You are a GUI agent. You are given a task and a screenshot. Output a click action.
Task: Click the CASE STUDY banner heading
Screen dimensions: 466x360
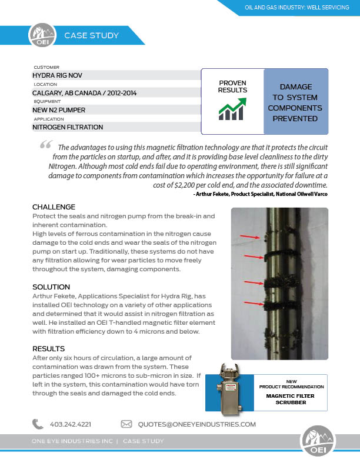pos(91,36)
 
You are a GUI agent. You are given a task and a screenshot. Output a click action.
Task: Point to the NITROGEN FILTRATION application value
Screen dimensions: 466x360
pos(68,127)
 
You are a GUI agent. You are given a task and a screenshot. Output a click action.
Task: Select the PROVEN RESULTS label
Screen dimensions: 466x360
pos(232,86)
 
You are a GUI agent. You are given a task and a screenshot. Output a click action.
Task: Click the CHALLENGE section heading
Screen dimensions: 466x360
pos(54,207)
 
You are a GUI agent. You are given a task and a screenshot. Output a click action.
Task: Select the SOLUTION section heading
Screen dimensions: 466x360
pos(51,287)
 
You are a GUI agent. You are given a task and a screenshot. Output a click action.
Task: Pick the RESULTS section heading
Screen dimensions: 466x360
pos(48,348)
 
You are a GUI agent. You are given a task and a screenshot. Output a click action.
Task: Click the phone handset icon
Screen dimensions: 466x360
pos(38,424)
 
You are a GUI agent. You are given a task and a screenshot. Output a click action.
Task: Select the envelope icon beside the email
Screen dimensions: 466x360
pos(126,424)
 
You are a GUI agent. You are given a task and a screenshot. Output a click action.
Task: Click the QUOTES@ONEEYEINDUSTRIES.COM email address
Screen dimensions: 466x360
pos(196,424)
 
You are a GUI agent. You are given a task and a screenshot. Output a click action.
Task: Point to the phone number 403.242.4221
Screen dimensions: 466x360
pos(71,424)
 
